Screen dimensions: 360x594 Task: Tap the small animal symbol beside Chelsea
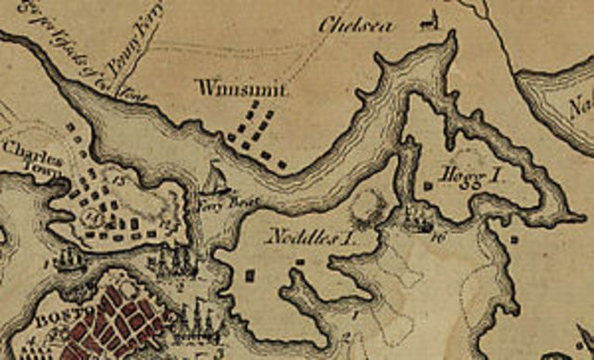(430, 19)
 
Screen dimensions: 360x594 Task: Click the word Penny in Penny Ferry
(126, 65)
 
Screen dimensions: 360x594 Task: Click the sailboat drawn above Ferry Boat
(214, 177)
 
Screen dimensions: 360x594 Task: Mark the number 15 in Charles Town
(119, 177)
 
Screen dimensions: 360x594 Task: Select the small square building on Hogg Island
(428, 186)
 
